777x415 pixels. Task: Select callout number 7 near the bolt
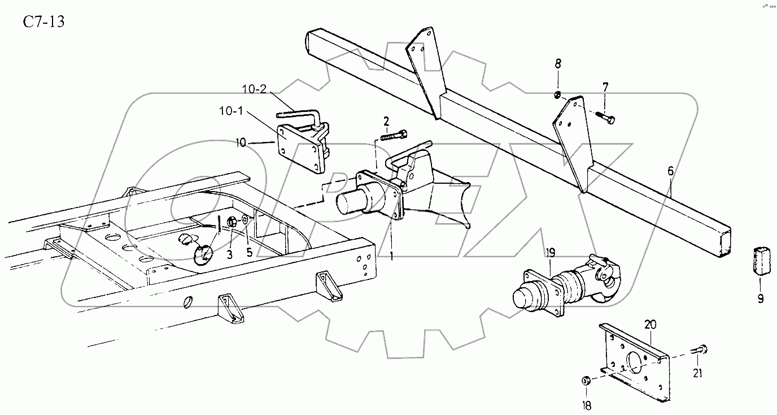tap(605, 87)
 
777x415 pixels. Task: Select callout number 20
tap(650, 324)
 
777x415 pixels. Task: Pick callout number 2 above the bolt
tap(386, 120)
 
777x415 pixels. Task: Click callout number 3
tap(230, 254)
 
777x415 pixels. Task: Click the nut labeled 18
tap(586, 381)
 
